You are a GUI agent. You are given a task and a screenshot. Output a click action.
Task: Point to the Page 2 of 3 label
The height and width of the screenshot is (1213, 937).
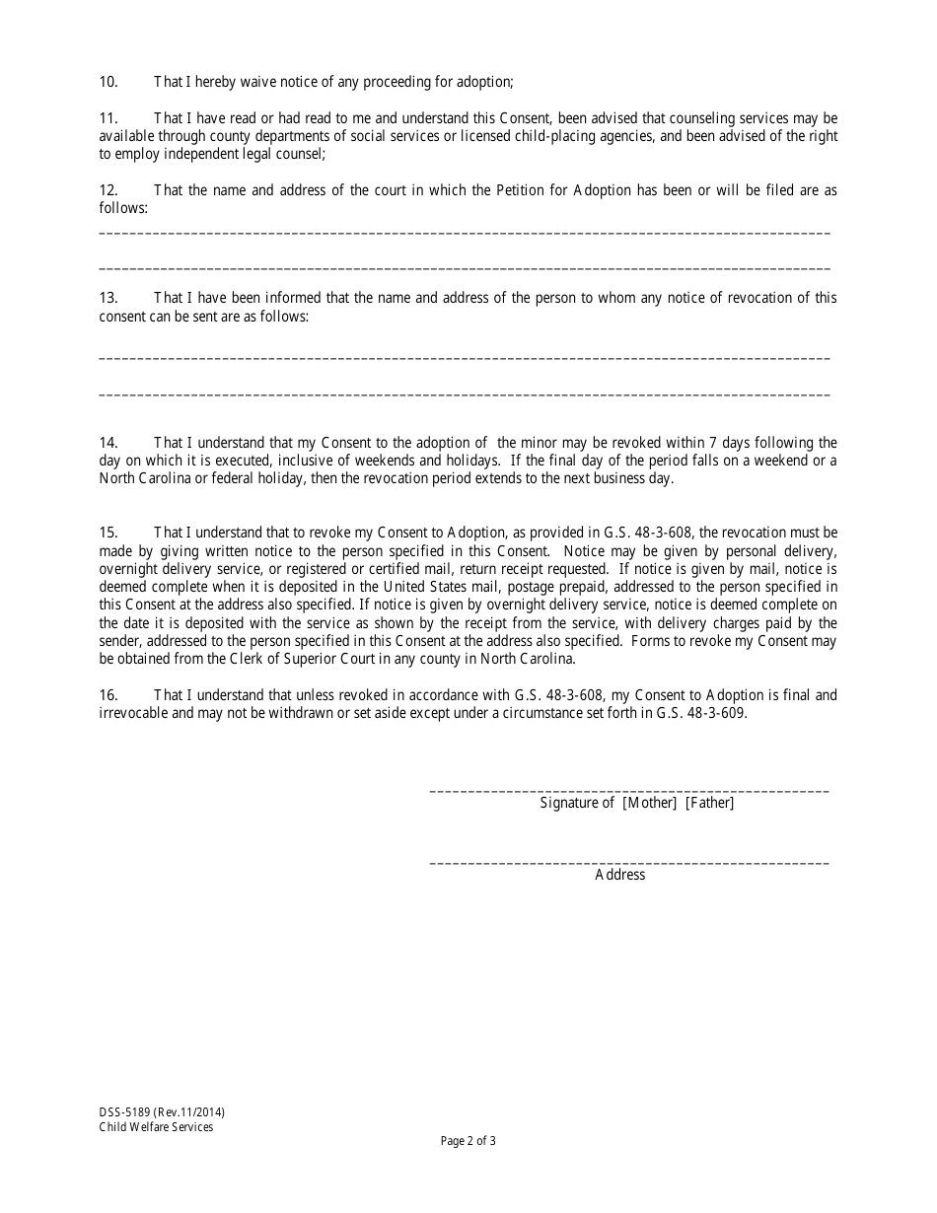(x=468, y=1142)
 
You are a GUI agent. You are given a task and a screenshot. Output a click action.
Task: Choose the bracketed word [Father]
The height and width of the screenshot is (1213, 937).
(x=710, y=803)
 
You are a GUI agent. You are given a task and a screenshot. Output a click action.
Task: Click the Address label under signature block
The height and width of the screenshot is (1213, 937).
(x=620, y=875)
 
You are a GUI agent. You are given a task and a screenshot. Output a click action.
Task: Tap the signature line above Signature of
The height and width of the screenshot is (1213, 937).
(x=629, y=791)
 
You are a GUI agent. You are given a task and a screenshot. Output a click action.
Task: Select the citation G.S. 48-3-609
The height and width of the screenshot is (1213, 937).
(x=701, y=713)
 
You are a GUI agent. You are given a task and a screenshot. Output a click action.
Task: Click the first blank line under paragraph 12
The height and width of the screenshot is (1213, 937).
(x=465, y=233)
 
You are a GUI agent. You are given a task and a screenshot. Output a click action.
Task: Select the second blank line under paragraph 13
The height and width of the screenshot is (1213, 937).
(x=465, y=394)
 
